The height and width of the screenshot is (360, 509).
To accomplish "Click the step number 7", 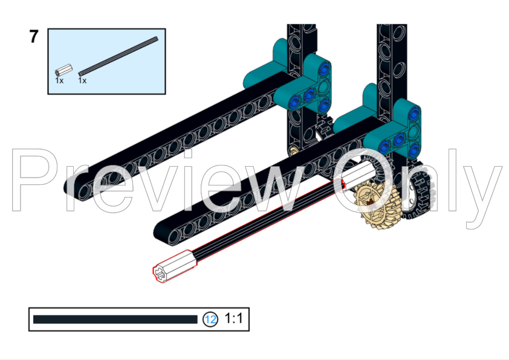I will coord(34,37).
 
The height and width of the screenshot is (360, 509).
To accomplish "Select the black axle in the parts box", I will coord(118,56).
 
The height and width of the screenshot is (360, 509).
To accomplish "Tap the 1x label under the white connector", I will coord(59,80).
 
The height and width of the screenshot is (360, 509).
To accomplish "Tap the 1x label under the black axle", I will coord(82,80).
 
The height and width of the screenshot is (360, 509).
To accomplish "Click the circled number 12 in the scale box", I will coord(210,320).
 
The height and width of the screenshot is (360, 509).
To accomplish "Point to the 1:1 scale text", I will coord(233,318).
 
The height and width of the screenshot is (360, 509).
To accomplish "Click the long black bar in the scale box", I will coord(115,320).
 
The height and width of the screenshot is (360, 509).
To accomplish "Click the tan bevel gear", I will coord(373,204).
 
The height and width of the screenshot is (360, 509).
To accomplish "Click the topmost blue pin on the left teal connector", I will coord(327,66).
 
